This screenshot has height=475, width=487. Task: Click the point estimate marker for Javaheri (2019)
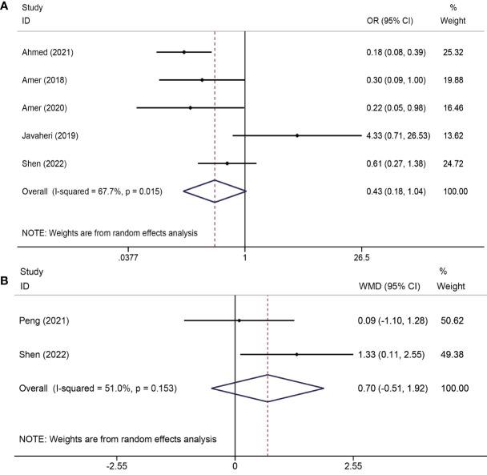[297, 135]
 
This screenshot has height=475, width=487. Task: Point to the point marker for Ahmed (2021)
[183, 52]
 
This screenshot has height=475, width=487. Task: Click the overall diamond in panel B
[268, 388]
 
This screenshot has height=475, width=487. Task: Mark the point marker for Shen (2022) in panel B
[296, 354]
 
